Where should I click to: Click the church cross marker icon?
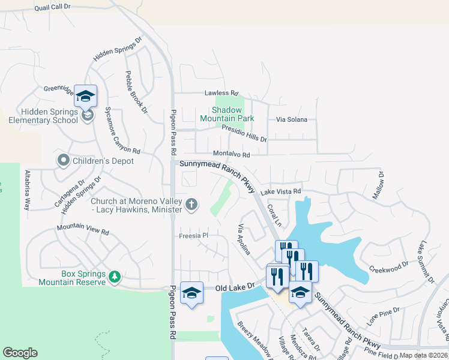point(191,205)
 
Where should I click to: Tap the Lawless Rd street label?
point(217,93)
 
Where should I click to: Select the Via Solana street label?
point(291,119)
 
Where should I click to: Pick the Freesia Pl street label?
point(193,236)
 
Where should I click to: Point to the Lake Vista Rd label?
point(280,191)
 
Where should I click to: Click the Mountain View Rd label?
point(83,230)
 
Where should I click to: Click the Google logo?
point(20,353)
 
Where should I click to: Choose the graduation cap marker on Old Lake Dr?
point(192,293)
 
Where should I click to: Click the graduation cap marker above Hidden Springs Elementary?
point(85,96)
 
